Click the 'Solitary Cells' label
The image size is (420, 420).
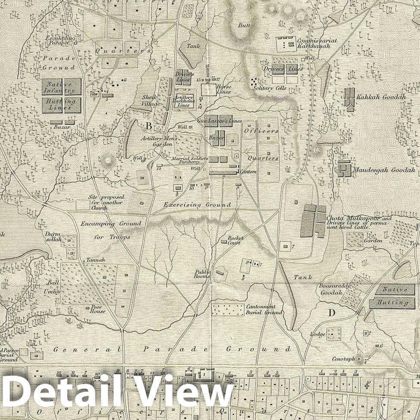pyautogui.click(x=270, y=88)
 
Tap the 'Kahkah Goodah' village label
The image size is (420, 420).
pyautogui.click(x=381, y=97)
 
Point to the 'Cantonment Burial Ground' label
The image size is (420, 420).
pyautogui.click(x=264, y=310)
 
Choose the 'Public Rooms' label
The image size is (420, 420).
pyautogui.click(x=202, y=274)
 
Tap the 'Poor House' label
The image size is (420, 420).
pyautogui.click(x=97, y=310)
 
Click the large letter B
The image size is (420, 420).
pyautogui.click(x=149, y=126)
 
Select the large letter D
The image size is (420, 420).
pyautogui.click(x=331, y=313)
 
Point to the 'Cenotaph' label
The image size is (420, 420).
pyautogui.click(x=343, y=359)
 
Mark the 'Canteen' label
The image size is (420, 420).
pyautogui.click(x=249, y=172)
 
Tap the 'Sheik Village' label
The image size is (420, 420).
pyautogui.click(x=151, y=101)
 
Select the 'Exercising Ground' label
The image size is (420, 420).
pyautogui.click(x=197, y=205)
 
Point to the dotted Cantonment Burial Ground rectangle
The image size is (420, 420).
pyautogui.click(x=227, y=310)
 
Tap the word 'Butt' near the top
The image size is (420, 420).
pyautogui.click(x=244, y=25)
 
